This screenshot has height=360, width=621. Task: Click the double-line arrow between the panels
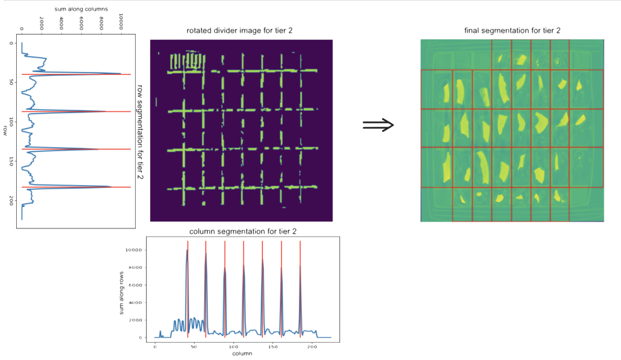click(x=378, y=125)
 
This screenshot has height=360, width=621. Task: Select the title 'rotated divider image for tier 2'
click(x=240, y=30)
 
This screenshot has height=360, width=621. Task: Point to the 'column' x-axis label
click(x=242, y=353)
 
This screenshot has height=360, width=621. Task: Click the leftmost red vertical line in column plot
click(x=188, y=288)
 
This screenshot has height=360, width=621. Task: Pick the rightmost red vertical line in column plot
click(x=300, y=288)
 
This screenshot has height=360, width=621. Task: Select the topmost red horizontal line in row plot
click(x=75, y=74)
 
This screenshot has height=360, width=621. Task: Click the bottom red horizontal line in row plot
click(x=75, y=187)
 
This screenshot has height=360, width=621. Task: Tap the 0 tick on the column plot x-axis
click(x=155, y=347)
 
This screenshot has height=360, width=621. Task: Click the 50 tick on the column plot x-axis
click(x=194, y=347)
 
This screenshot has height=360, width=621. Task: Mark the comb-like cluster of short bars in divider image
click(x=186, y=61)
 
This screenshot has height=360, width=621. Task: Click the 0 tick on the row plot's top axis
click(x=21, y=27)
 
